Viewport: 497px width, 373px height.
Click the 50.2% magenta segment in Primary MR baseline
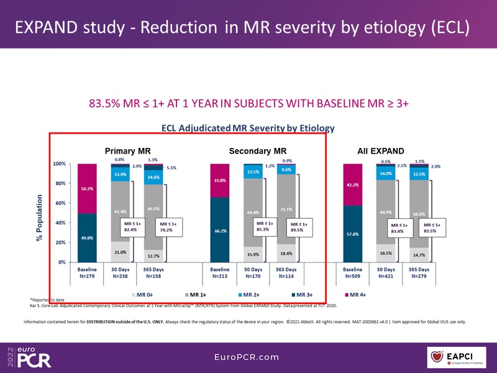(x=86, y=188)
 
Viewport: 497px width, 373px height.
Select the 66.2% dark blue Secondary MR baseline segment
(x=220, y=229)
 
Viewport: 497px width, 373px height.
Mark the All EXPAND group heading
(x=380, y=151)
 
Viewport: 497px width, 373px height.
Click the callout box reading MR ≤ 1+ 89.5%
(x=299, y=227)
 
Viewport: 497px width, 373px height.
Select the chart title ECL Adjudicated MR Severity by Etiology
(x=248, y=129)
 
